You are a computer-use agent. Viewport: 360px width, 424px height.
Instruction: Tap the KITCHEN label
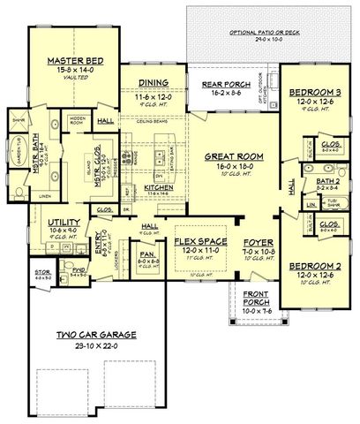pos(159,188)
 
